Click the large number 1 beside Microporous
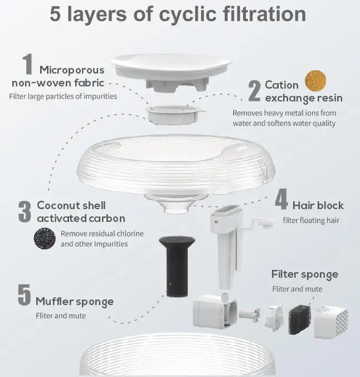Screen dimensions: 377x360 tap(27, 65)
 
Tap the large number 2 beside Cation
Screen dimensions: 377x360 tap(254, 91)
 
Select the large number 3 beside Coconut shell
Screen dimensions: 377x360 tap(25, 212)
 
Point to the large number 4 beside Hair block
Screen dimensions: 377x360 tap(281, 200)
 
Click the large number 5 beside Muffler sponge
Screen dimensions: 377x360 tap(24, 296)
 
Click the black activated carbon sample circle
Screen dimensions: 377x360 tap(45, 238)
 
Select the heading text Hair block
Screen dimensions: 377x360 tap(318, 205)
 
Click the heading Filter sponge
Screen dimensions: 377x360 tap(304, 274)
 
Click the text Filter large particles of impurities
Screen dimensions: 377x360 tap(63, 96)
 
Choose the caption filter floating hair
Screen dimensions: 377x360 tap(310, 220)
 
